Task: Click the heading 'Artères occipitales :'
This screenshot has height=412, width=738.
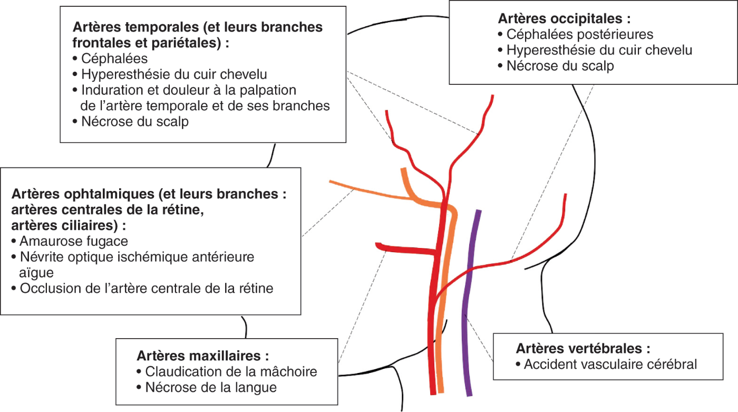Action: [564, 19]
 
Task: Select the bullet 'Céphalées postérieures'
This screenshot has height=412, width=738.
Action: [580, 35]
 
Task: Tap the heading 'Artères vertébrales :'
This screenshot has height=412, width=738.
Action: [582, 349]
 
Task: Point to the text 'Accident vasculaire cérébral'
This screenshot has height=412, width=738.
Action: [610, 365]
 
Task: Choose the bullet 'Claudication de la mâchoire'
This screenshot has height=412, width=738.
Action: [231, 371]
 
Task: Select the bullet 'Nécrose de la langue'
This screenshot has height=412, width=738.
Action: [211, 387]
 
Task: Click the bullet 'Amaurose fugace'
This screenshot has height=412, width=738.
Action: [74, 242]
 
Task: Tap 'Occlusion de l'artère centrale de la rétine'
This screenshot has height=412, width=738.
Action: [147, 289]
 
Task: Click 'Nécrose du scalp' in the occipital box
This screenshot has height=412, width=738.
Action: [560, 66]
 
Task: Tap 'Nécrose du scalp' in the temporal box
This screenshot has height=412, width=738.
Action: [135, 121]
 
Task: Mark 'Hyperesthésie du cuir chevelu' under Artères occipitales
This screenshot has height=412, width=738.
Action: [599, 51]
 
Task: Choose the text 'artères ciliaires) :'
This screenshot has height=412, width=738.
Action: [69, 225]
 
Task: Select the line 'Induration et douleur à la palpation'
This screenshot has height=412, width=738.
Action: [189, 90]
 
